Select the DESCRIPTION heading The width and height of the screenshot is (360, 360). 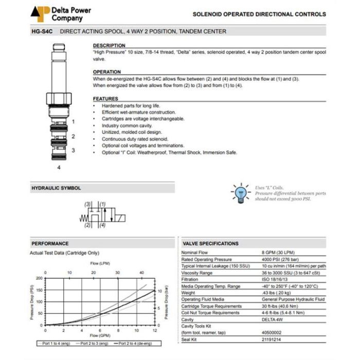109,46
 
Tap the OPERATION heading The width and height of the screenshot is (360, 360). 107,72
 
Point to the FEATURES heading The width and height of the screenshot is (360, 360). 105,99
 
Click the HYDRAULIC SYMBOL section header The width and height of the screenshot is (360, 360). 56,189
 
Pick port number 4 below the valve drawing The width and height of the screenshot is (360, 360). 59,167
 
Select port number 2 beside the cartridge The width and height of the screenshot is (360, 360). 73,136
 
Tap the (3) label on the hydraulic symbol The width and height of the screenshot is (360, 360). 88,204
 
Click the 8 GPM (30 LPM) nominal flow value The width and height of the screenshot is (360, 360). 277,253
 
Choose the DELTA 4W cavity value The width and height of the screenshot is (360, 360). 273,319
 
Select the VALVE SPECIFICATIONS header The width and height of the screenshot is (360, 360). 210,243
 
